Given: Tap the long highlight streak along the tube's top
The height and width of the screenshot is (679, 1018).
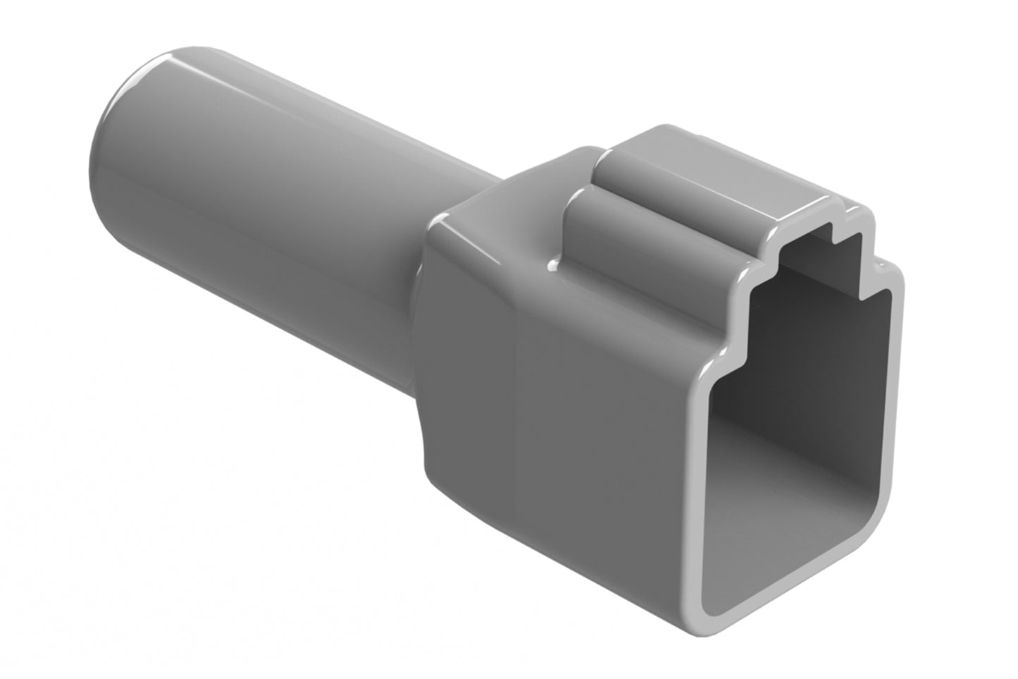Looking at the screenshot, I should click(x=282, y=106).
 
